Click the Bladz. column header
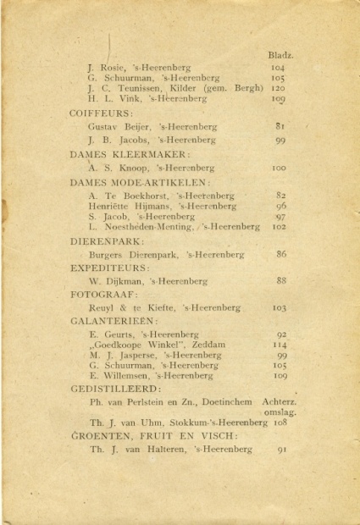tap(280, 53)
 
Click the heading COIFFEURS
tap(101, 112)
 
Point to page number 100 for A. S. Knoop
tap(279, 169)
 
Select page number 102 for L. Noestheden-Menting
tap(280, 227)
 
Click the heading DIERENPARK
tap(107, 240)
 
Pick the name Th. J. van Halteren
tap(137, 449)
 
